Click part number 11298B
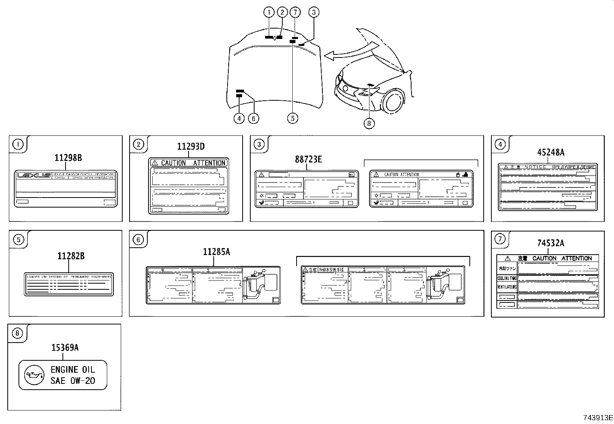tap(68, 157)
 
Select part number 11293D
tap(191, 146)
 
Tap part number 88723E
tap(308, 159)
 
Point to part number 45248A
tap(550, 152)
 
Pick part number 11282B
tap(71, 256)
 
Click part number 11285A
tap(216, 252)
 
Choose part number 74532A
tap(550, 243)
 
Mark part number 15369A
tap(65, 348)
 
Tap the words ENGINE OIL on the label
tap(73, 370)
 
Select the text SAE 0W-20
tap(73, 381)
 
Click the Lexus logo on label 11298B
tap(34, 176)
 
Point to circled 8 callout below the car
tap(369, 123)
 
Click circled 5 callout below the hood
tap(292, 118)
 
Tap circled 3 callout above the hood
tap(314, 12)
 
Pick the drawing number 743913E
tap(597, 417)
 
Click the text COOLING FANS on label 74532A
tap(506, 278)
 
